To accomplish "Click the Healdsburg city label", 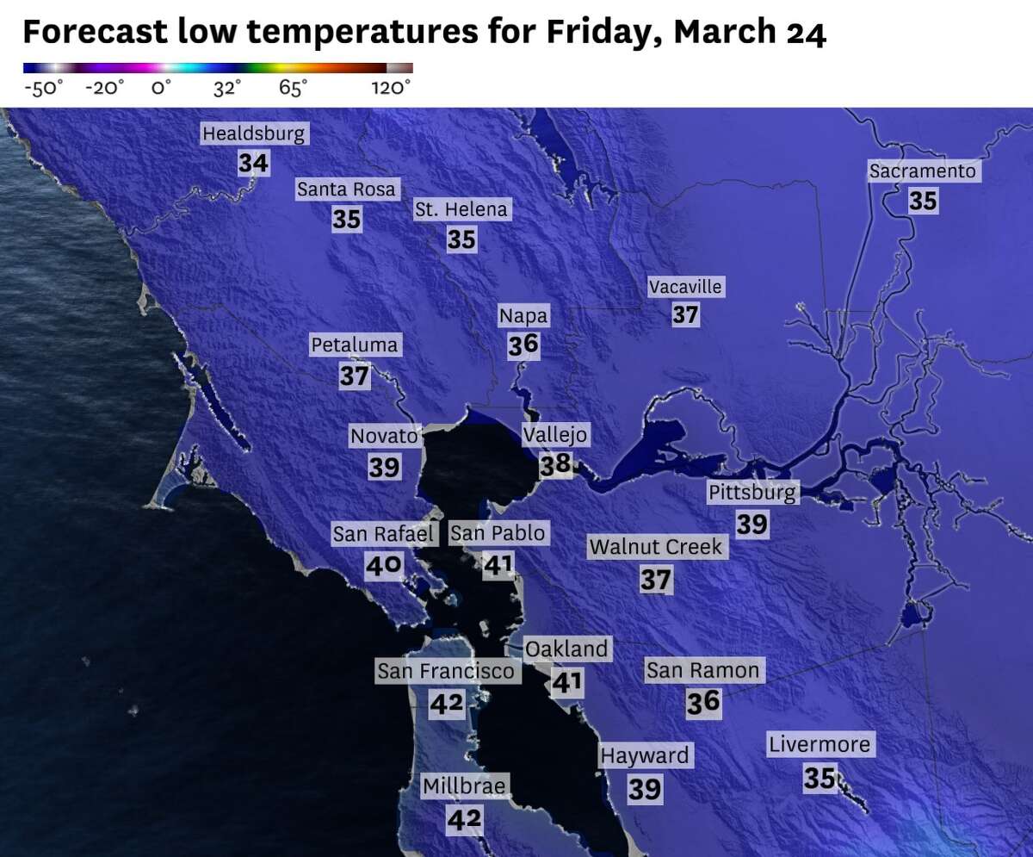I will (x=253, y=134).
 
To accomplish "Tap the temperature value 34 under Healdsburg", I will (x=254, y=163).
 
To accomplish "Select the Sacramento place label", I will (x=923, y=171).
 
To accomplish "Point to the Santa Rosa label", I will (x=346, y=189).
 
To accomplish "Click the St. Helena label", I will (x=461, y=209).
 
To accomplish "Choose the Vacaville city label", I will (x=685, y=287).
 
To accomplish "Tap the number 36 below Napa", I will (x=523, y=345).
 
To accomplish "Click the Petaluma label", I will (x=355, y=345).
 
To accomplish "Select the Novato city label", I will (x=384, y=437).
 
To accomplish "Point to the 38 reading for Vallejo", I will (x=555, y=465).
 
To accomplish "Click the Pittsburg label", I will (x=752, y=493).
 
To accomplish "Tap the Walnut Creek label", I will (x=656, y=547).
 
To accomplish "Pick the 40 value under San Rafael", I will (x=384, y=565).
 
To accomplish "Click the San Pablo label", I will (x=498, y=534).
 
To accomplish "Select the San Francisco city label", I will (x=447, y=671).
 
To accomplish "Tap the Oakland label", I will (x=566, y=649).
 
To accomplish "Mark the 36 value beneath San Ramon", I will (x=703, y=702).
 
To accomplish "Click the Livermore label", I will (x=820, y=744).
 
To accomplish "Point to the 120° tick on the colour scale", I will (x=392, y=88).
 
